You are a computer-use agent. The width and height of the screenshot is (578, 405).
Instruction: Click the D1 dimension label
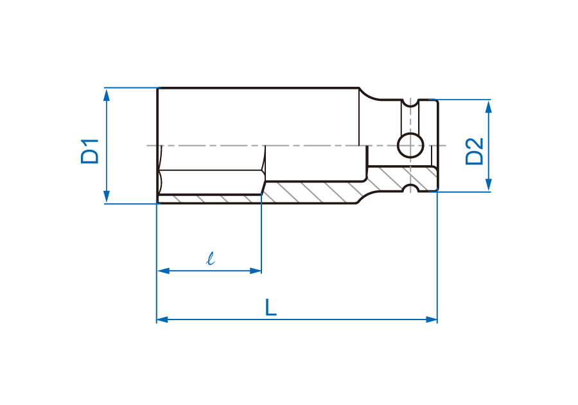click(x=90, y=151)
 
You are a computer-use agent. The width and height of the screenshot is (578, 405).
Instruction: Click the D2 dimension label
click(x=475, y=151)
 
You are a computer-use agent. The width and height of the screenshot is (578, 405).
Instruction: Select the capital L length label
click(x=271, y=307)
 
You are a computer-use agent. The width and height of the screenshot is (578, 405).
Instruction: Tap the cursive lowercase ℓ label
click(x=211, y=258)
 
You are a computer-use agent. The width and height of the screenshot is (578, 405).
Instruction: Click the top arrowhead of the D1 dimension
click(x=107, y=94)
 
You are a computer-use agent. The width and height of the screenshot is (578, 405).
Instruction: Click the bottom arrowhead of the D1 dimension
click(x=107, y=197)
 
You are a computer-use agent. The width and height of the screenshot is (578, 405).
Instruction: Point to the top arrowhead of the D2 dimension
click(x=489, y=107)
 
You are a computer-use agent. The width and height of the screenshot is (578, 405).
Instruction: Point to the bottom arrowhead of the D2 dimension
click(x=489, y=184)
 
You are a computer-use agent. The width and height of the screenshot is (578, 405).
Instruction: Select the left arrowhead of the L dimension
click(x=162, y=319)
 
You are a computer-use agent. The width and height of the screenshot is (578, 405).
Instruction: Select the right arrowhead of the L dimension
click(x=432, y=319)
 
